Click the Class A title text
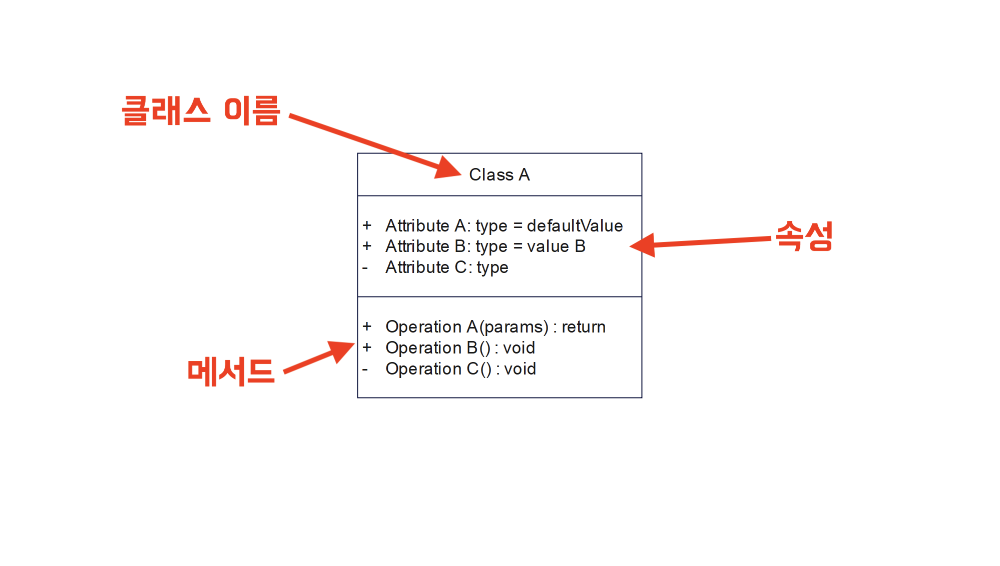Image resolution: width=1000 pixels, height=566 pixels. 499,174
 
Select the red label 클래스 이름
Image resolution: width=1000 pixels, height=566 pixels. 201,110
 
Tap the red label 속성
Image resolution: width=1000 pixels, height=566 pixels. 804,235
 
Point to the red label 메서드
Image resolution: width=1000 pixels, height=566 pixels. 231,371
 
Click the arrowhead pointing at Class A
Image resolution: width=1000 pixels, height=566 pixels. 446,168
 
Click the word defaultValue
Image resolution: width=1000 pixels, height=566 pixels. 575,225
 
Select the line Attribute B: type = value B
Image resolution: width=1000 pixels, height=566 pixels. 485,246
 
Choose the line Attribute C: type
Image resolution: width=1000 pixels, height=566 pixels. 446,267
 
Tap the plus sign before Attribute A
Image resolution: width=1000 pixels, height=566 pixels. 367,225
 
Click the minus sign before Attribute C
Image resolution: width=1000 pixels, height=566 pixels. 365,268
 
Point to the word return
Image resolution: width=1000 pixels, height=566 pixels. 583,327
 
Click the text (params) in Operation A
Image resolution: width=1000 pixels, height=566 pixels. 514,327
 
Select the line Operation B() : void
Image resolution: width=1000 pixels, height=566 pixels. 460,348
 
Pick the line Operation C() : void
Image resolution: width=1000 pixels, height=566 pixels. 460,369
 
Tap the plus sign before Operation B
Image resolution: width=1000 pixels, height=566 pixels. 367,347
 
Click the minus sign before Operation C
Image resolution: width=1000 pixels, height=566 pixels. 365,370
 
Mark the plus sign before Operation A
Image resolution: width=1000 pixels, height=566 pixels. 367,326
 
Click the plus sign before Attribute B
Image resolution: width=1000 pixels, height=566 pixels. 367,246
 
